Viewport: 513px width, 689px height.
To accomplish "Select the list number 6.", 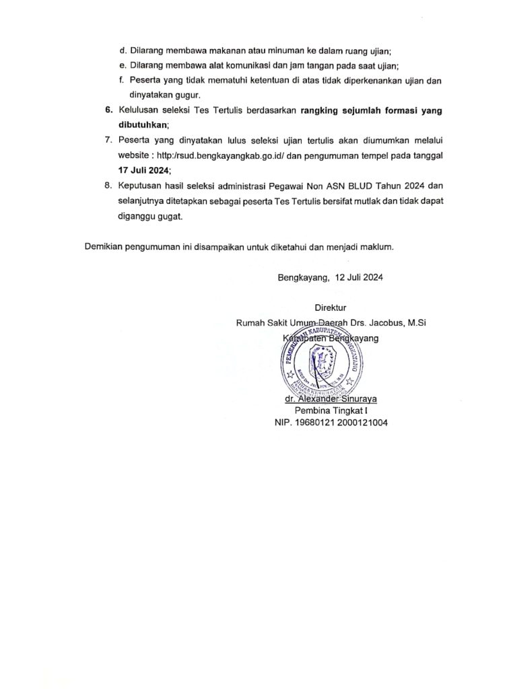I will (x=108, y=110).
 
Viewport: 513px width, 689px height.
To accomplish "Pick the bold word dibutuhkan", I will (x=143, y=125).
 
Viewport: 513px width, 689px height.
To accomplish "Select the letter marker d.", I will (x=121, y=48).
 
